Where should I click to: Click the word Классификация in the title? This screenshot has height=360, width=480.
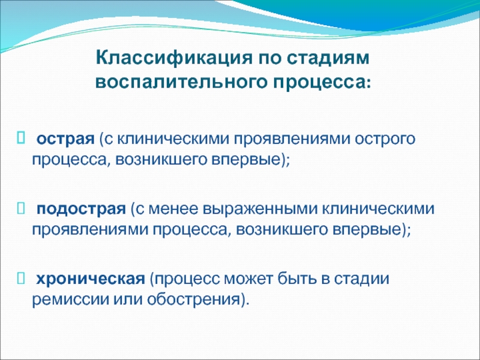(x=174, y=58)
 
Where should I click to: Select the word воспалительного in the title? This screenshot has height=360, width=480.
(x=181, y=82)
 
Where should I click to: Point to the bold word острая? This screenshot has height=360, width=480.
(x=65, y=139)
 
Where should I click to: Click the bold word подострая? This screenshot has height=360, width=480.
(x=81, y=209)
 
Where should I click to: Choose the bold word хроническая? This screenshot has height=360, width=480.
(x=91, y=279)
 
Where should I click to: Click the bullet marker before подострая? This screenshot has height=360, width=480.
(x=21, y=208)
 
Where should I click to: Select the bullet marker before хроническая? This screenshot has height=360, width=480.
(x=21, y=278)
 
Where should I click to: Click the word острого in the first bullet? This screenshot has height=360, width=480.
(x=385, y=139)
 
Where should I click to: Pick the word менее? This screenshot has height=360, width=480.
(x=174, y=209)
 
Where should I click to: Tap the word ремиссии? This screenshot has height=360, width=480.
(x=70, y=299)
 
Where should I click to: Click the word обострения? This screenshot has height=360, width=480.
(x=194, y=299)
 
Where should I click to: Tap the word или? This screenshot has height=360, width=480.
(x=128, y=299)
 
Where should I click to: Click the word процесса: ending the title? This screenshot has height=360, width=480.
(x=322, y=83)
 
